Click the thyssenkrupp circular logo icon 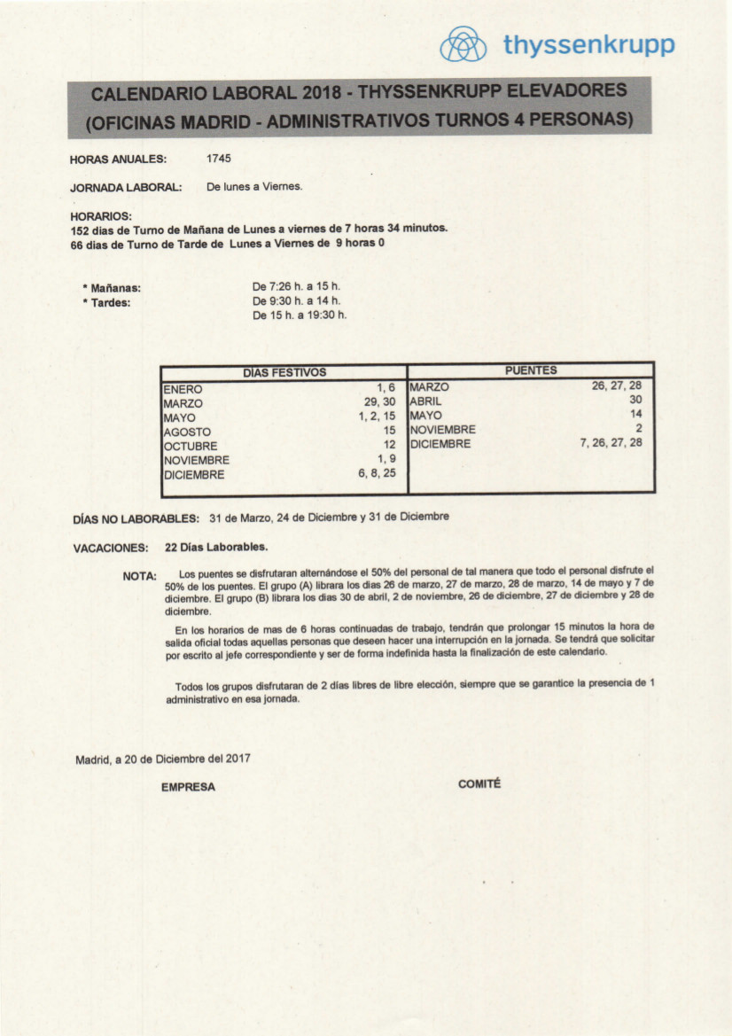pos(463,44)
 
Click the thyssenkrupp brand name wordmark pos(588,45)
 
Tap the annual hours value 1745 pos(219,159)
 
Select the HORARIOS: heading pos(100,215)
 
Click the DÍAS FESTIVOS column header pos(284,372)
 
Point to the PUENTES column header pos(531,370)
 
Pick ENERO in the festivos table pos(183,389)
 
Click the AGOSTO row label pos(187,432)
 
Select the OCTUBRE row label pos(190,446)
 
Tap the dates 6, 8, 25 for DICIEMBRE pos(377,473)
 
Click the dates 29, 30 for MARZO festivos pos(379,402)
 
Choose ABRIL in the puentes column pos(425,401)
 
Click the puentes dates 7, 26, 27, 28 pos(611,442)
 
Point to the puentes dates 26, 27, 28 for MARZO pos(616,386)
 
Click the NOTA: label pos(139,576)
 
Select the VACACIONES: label pos(110,549)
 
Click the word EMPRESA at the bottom pos(188,787)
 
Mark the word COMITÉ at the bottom pos(479,783)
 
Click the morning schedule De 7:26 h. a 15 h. pos(296,286)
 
